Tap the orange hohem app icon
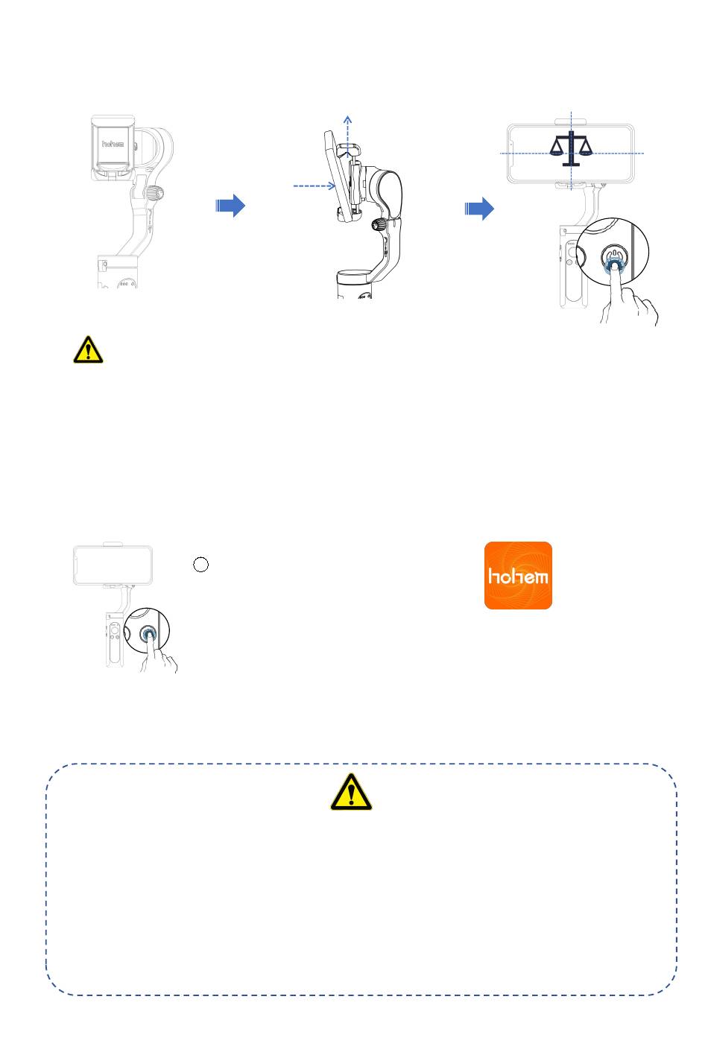click(x=518, y=575)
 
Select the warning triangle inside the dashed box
click(x=351, y=792)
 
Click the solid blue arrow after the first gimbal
click(x=230, y=206)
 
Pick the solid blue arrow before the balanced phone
click(x=479, y=209)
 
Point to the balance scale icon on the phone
click(x=571, y=147)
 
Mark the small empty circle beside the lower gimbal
click(x=200, y=565)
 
